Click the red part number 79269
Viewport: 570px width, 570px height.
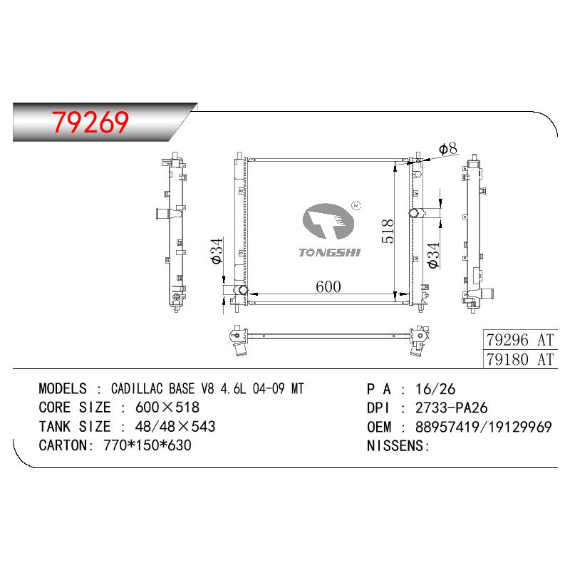coord(90,122)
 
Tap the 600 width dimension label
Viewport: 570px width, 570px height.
coord(328,287)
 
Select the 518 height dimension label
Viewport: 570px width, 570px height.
coord(388,231)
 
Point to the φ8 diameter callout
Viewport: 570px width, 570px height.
coord(448,148)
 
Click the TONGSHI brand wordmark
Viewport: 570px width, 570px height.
coord(329,253)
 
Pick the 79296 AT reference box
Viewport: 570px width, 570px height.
coord(520,340)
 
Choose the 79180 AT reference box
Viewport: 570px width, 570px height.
coord(520,359)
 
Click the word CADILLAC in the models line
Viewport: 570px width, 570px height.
coord(137,388)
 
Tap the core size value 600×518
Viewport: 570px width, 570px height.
coord(167,408)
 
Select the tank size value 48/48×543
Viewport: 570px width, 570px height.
coord(175,426)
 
